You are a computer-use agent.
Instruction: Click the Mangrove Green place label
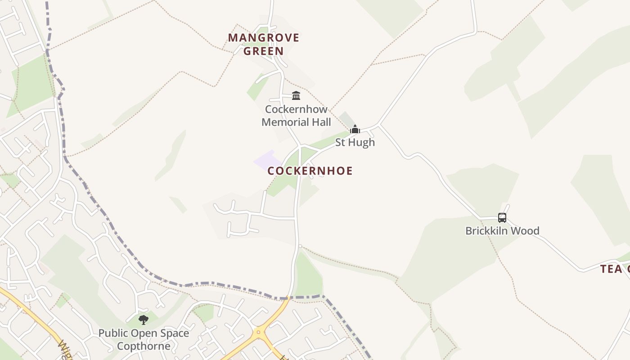coord(264,44)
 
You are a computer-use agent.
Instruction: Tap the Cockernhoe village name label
coord(310,171)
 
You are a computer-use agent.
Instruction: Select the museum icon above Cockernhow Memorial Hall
coord(296,96)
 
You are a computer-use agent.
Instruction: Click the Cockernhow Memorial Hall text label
coord(296,116)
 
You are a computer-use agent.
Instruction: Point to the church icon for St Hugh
coord(355,130)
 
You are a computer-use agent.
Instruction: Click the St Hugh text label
coord(355,142)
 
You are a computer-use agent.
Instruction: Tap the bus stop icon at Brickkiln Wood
coord(502,218)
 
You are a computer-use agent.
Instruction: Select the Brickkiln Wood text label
coord(502,231)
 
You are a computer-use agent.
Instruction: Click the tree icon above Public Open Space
coord(144,320)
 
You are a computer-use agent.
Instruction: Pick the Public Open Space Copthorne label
coord(144,340)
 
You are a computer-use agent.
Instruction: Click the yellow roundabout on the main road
coord(258,333)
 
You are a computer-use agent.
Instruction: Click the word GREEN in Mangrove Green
coord(264,51)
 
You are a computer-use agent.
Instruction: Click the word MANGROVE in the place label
coord(264,37)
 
